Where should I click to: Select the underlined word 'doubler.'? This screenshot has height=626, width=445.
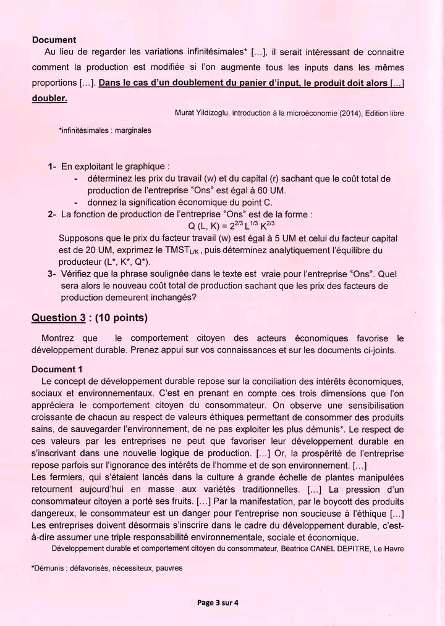coord(49,98)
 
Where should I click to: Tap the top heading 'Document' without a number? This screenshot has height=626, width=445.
coord(54,40)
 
